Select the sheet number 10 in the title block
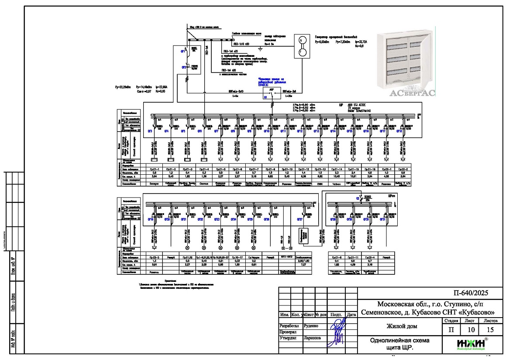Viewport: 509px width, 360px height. click(468, 330)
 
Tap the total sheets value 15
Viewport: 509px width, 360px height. click(491, 330)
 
